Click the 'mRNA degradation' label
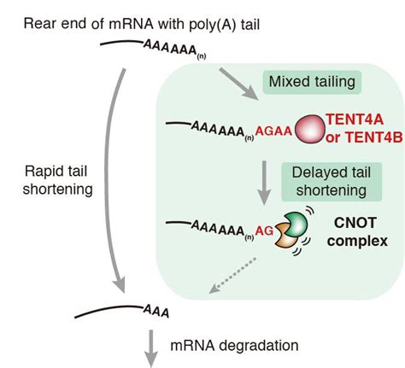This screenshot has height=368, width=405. tap(234, 345)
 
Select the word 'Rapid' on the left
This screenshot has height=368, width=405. tap(48, 171)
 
